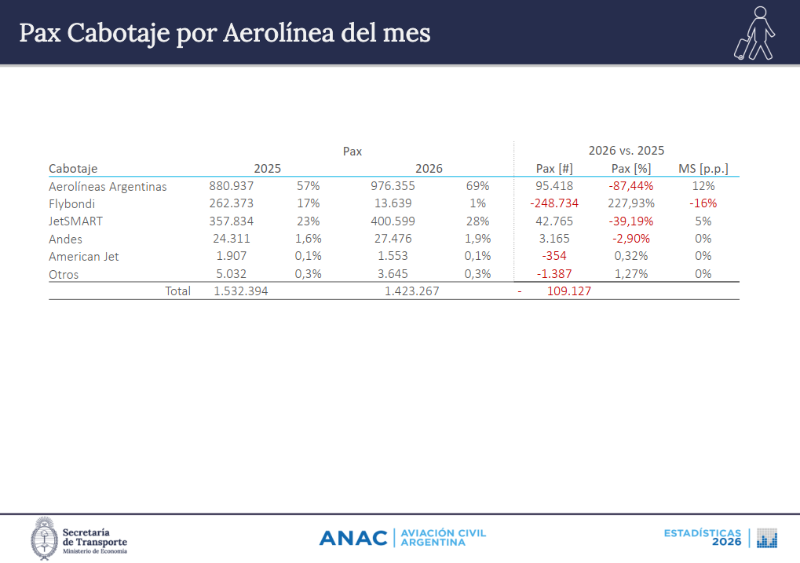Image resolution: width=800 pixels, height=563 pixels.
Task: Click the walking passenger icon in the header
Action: point(755,33)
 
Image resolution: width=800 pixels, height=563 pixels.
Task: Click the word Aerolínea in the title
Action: point(278,33)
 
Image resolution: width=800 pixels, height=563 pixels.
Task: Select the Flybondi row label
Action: point(72,203)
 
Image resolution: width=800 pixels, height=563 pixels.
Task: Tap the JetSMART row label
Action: point(75,221)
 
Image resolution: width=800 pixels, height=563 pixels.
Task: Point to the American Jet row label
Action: point(84,256)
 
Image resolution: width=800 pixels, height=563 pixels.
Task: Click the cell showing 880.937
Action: point(231,186)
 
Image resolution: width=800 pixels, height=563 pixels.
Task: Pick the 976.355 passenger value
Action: point(393,186)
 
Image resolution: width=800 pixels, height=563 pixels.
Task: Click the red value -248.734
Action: point(554,203)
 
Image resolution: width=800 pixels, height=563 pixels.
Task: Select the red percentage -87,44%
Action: point(631,186)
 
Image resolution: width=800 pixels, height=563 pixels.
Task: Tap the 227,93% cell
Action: point(631,203)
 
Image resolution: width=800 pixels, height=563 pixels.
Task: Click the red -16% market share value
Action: point(703,203)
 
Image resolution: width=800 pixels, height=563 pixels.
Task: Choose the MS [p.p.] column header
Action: point(703,169)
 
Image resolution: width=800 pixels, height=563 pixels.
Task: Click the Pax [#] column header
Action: point(554,169)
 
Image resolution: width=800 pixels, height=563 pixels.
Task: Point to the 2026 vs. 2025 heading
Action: point(626,151)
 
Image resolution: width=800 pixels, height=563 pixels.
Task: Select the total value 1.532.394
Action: point(241,291)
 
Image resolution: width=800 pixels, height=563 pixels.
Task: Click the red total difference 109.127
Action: point(569,291)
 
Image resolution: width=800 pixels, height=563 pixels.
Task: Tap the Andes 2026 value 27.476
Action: point(393,239)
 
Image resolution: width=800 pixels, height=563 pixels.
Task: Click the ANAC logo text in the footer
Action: point(353,538)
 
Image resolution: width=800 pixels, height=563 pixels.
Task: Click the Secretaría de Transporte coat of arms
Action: point(45,539)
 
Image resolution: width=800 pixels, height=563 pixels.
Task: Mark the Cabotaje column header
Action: point(73,169)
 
